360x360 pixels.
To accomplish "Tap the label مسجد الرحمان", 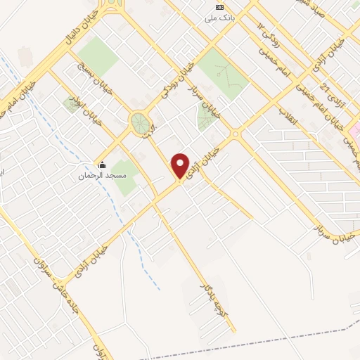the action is point(101,175).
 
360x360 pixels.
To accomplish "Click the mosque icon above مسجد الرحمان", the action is point(102,165).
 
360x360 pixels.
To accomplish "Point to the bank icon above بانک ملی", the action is point(219,7).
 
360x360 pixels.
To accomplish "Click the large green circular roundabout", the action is point(141,124).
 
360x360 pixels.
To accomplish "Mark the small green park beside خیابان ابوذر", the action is point(72,105).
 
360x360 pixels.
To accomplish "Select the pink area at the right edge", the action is point(356,130).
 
